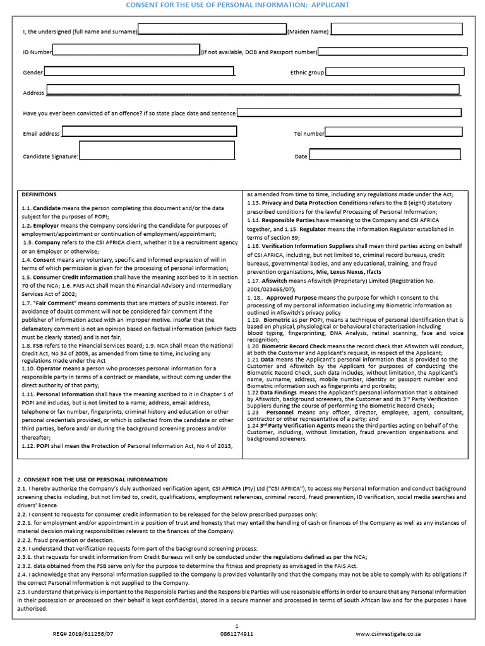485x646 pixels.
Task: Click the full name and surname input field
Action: tap(212, 30)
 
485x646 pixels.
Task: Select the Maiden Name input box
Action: tap(397, 30)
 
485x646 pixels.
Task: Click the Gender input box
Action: tap(139, 72)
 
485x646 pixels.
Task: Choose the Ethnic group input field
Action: tap(395, 72)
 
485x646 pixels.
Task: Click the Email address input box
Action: tap(149, 132)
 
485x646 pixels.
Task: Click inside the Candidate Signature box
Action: tap(157, 151)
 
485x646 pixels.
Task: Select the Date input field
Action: tap(385, 155)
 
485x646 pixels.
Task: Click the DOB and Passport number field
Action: tap(392, 51)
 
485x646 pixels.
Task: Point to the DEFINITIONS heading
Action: tap(39, 195)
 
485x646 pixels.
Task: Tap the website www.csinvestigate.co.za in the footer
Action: tap(388, 633)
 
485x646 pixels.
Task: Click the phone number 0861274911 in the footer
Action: tap(236, 633)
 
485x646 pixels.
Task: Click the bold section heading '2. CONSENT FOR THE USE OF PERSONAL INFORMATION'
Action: tap(92, 479)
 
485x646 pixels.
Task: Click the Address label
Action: tap(33, 93)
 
